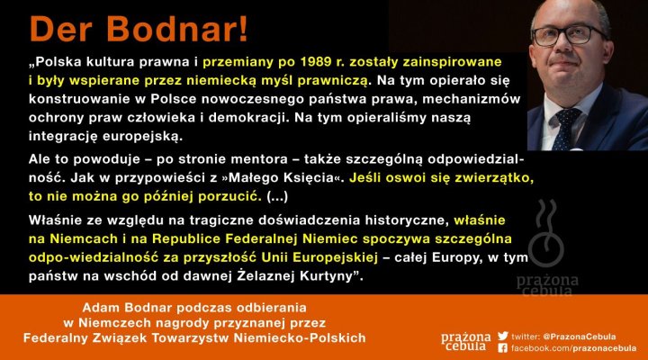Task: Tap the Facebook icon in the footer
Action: (x=502, y=347)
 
